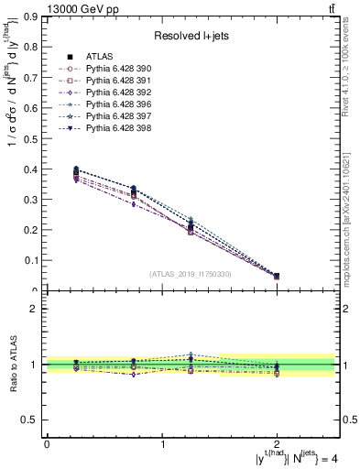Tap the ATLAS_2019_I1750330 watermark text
(191, 274)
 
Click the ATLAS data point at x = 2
(278, 276)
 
